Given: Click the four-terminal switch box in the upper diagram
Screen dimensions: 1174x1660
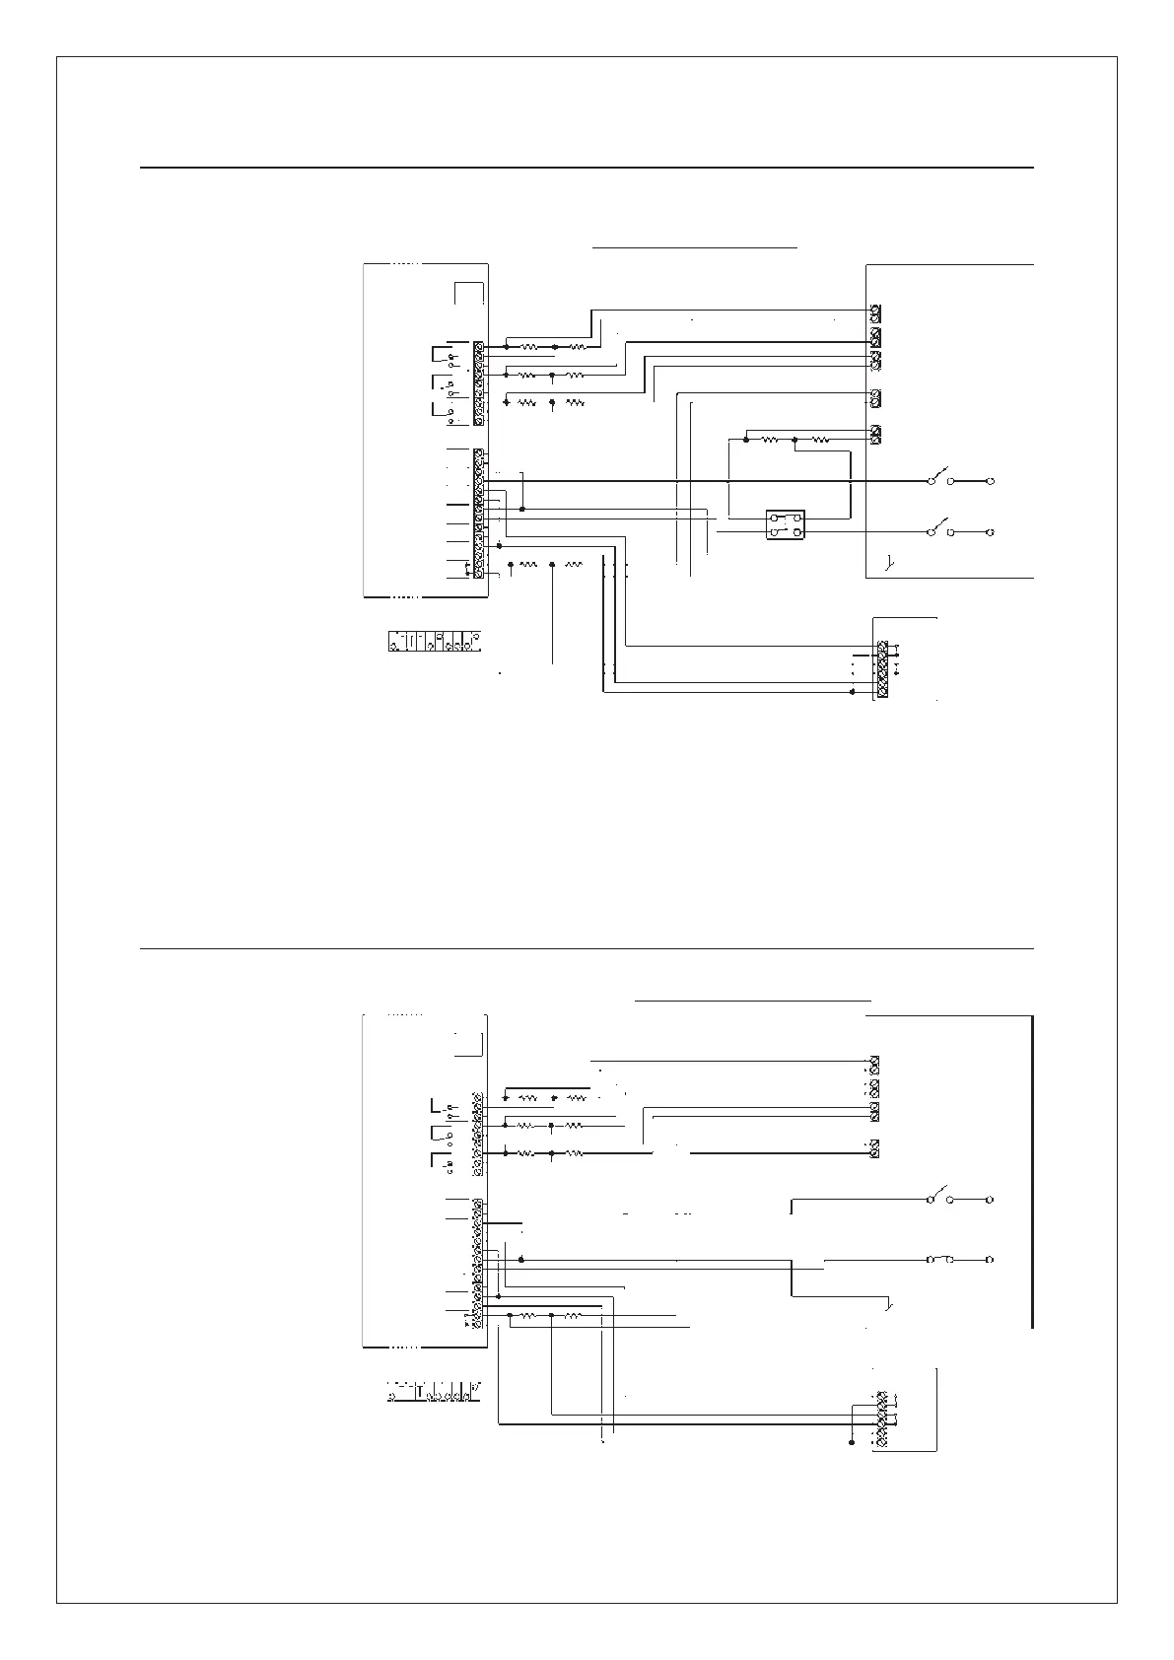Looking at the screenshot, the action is tap(786, 524).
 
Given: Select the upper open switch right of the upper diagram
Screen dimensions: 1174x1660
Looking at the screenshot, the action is tap(940, 478).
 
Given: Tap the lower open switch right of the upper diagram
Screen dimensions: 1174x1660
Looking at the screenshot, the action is tap(940, 528).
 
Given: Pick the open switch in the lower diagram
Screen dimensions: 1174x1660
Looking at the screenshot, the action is tap(940, 1197).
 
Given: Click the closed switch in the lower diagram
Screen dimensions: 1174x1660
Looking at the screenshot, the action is tap(940, 1259).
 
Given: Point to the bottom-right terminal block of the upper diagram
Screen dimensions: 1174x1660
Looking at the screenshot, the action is tap(882, 670).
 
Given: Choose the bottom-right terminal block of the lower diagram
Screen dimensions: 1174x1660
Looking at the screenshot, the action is tap(882, 1419).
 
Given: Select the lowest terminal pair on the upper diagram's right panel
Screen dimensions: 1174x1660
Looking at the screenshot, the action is tap(875, 434).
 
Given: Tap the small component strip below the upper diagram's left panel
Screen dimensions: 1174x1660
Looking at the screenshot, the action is tap(435, 640).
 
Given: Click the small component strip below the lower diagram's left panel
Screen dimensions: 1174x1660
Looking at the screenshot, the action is tap(434, 1393).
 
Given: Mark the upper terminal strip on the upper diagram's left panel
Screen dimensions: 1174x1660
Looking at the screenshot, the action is tap(478, 382).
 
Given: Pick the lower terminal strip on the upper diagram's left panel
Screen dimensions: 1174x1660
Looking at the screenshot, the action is tap(478, 513).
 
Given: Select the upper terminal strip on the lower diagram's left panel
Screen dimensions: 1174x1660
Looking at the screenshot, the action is tap(478, 1134).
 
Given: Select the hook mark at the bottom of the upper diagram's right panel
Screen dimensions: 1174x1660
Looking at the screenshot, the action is tap(889, 564).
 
